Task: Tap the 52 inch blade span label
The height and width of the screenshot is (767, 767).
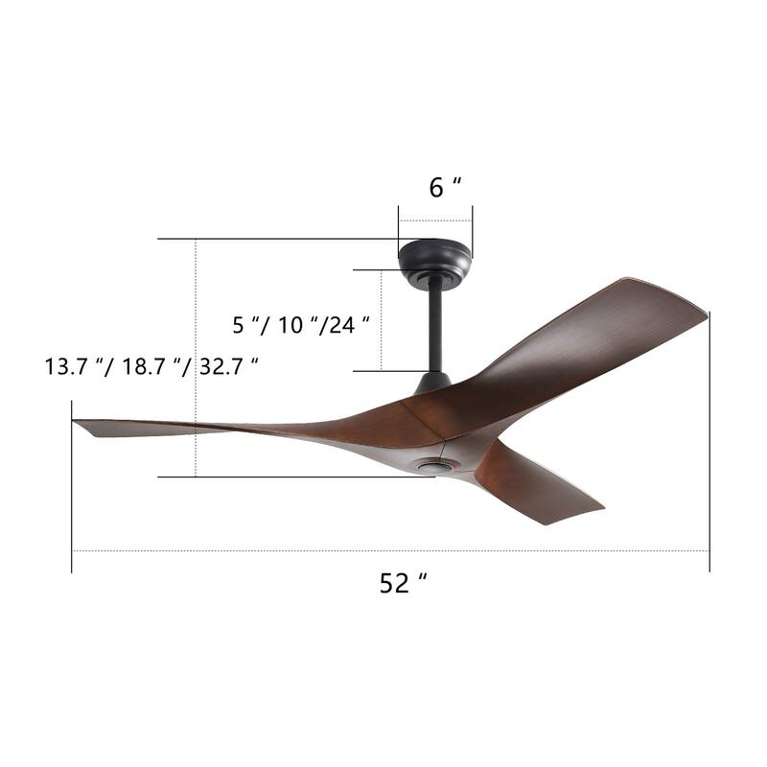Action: (x=402, y=583)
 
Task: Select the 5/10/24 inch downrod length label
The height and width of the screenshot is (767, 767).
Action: (x=301, y=325)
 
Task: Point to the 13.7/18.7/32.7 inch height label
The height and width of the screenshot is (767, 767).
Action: (x=151, y=367)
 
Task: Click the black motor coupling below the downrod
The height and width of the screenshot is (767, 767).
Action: (x=433, y=382)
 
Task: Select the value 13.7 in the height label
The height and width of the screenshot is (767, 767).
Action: (x=63, y=367)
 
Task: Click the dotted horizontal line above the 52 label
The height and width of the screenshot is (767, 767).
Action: (x=288, y=551)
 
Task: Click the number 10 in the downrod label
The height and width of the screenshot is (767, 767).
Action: (x=291, y=325)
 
